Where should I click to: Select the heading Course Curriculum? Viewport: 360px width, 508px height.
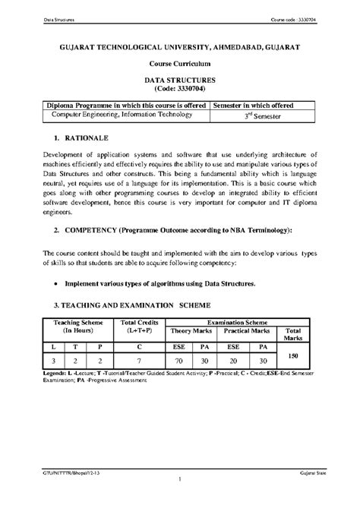tap(179, 65)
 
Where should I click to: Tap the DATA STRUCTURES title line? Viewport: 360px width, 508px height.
tap(180, 80)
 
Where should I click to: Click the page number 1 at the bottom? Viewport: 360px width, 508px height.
tap(179, 480)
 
